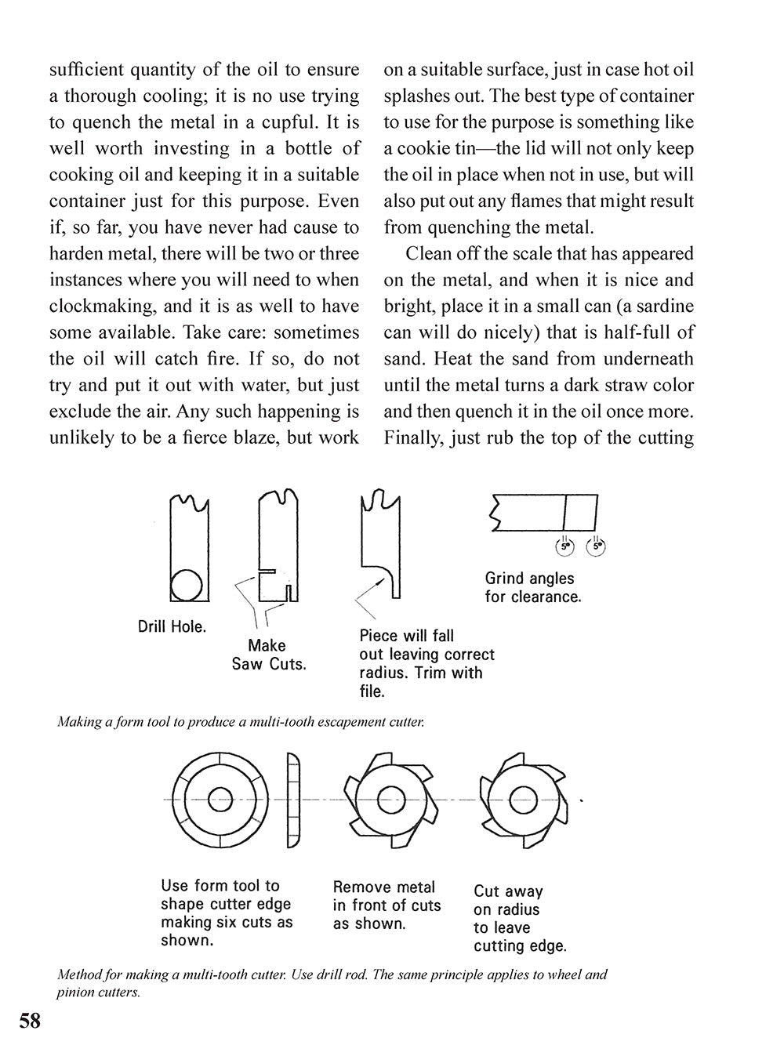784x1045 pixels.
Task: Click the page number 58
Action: pyautogui.click(x=30, y=1020)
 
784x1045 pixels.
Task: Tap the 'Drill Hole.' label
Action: pyautogui.click(x=172, y=627)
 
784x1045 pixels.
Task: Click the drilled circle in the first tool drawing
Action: pyautogui.click(x=187, y=584)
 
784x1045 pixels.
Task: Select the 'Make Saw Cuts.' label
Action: pyautogui.click(x=268, y=655)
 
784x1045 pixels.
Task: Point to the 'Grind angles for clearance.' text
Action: pyautogui.click(x=532, y=587)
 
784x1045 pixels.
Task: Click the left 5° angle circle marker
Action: pyautogui.click(x=565, y=546)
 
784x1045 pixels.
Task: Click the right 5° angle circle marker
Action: pyautogui.click(x=597, y=546)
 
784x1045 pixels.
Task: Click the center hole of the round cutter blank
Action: pyautogui.click(x=220, y=800)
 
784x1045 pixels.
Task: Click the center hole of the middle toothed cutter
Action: pyautogui.click(x=390, y=800)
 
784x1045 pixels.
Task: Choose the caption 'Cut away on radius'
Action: pyautogui.click(x=507, y=900)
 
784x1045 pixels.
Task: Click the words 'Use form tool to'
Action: pyautogui.click(x=220, y=885)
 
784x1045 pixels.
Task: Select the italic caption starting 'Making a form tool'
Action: pyautogui.click(x=240, y=722)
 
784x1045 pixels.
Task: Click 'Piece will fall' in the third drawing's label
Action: pyautogui.click(x=406, y=636)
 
